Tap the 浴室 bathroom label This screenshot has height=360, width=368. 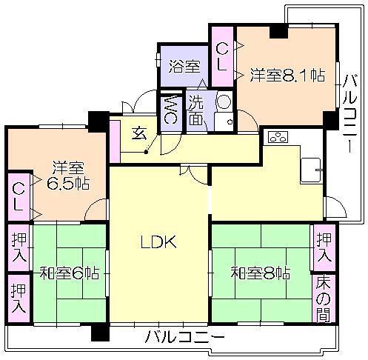[184, 66]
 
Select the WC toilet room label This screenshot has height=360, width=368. [170, 109]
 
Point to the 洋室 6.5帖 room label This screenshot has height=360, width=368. [66, 176]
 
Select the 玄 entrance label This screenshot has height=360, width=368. [139, 133]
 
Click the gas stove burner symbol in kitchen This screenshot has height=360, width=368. [277, 137]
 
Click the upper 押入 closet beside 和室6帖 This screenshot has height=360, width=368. [19, 247]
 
